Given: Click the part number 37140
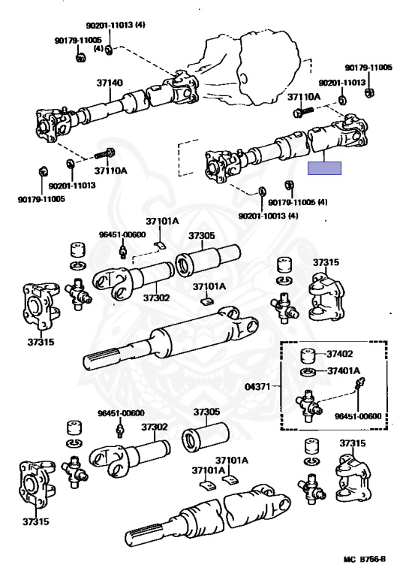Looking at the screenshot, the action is pyautogui.click(x=110, y=83).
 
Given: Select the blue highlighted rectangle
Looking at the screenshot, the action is pyautogui.click(x=324, y=168).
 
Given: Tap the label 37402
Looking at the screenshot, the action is pyautogui.click(x=339, y=354).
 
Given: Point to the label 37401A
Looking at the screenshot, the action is pyautogui.click(x=344, y=371).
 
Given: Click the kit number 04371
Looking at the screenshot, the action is pyautogui.click(x=257, y=387).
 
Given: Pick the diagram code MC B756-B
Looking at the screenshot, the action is pyautogui.click(x=365, y=559).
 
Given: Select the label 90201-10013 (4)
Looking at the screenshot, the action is pyautogui.click(x=268, y=216).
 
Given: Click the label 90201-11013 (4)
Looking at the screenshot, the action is pyautogui.click(x=116, y=25).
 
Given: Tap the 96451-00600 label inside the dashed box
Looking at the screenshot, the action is pyautogui.click(x=358, y=416).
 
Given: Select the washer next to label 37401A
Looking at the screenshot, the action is pyautogui.click(x=308, y=372).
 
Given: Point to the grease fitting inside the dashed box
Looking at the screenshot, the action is pyautogui.click(x=359, y=383).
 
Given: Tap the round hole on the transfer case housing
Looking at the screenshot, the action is pyautogui.click(x=242, y=78).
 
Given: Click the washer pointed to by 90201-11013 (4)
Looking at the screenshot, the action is pyautogui.click(x=109, y=50).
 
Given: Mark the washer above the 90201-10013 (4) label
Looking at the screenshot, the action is pyautogui.click(x=262, y=192).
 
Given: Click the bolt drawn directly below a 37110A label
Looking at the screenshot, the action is pyautogui.click(x=305, y=111).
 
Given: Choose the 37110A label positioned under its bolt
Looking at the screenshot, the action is pyautogui.click(x=110, y=171).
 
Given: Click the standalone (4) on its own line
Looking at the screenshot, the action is pyautogui.click(x=98, y=48).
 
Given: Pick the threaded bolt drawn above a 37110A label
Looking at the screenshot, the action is pyautogui.click(x=105, y=154).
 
